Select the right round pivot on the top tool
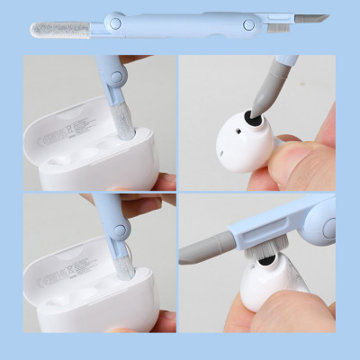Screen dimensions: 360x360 point(247,25)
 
